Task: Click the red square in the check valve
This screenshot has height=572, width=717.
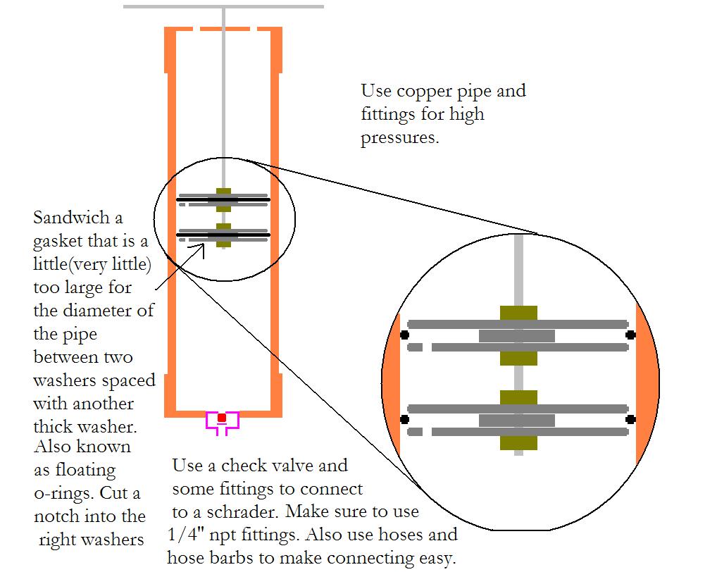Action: tap(222, 418)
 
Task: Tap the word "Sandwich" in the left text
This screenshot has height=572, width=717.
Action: tap(68, 218)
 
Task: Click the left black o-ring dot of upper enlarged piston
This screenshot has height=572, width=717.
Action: tap(404, 335)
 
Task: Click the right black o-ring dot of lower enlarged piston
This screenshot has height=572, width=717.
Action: tap(631, 419)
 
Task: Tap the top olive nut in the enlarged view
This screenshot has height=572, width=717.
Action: tap(518, 313)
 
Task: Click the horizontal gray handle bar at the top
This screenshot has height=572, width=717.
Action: tap(223, 6)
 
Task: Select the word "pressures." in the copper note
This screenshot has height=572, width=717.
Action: tap(400, 138)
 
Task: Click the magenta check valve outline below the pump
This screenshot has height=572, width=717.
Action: tap(222, 422)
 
